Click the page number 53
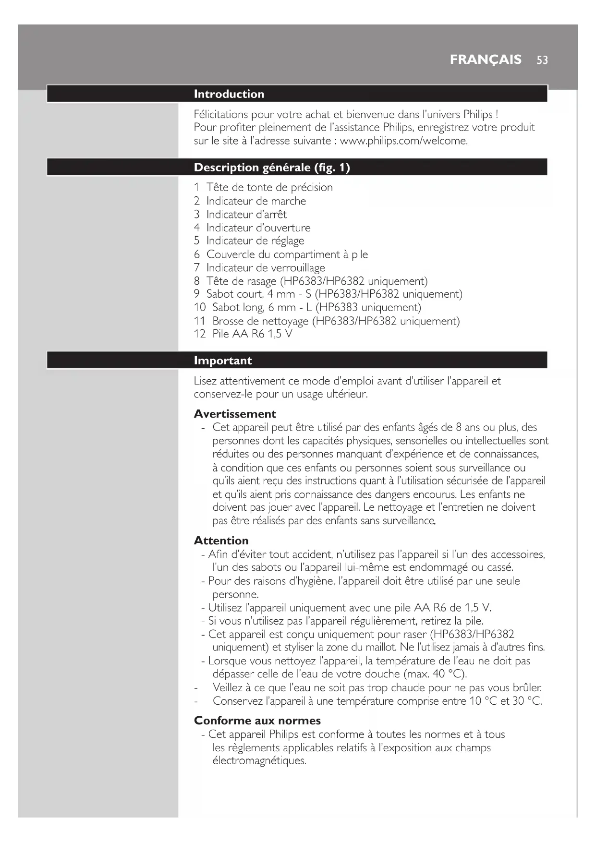coord(542,60)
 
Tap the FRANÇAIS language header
coord(486,60)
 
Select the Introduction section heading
coord(229,94)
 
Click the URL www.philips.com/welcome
coord(403,141)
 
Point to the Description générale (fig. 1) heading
coord(272,168)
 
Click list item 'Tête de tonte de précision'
coord(269,187)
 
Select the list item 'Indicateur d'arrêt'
coord(246,214)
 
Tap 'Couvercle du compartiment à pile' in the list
coord(287,254)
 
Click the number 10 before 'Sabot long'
coord(200,307)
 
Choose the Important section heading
coord(223,361)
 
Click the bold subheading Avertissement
coord(235,414)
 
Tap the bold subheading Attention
coord(221,541)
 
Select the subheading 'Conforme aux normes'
coord(257,721)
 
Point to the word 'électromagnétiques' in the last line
coord(259,761)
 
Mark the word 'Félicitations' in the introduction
coord(221,114)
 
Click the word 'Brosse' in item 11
coord(228,321)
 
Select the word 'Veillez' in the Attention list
coord(229,687)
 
